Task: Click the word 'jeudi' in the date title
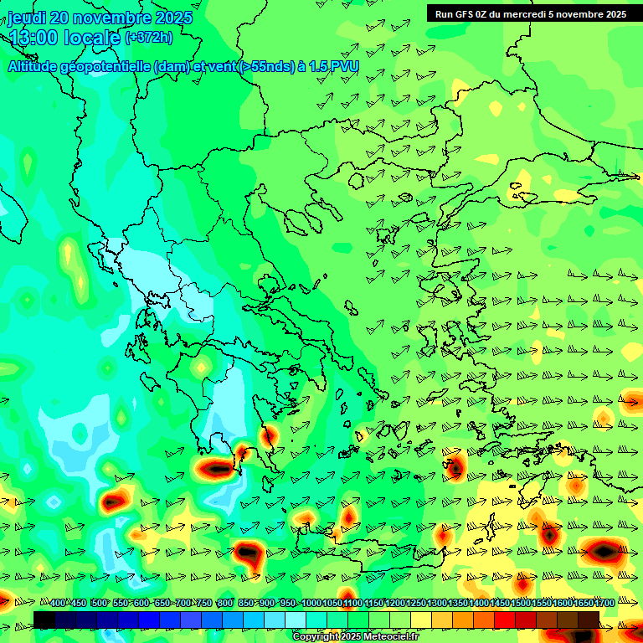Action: coord(27,18)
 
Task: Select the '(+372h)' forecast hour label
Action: coord(149,38)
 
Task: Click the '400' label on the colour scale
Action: coord(58,603)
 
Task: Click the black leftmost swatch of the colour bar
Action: coord(44,620)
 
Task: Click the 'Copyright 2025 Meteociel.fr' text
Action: coord(355,637)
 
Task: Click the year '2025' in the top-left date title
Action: coord(171,18)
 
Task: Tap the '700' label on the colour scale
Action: coord(183,603)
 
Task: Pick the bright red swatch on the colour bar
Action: coord(505,620)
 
